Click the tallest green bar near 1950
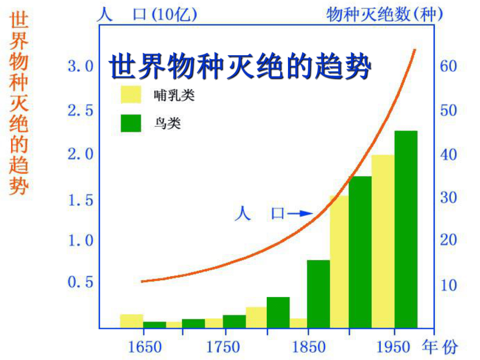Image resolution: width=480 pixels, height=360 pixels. pyautogui.click(x=406, y=229)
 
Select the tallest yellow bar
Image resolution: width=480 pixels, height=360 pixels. pyautogui.click(x=383, y=242)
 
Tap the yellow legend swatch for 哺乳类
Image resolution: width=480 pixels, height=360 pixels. pyautogui.click(x=131, y=94)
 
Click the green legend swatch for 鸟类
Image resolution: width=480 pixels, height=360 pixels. pyautogui.click(x=131, y=123)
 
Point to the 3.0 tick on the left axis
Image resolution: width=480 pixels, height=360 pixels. pyautogui.click(x=80, y=66)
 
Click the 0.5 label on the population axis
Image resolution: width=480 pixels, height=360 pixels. pyautogui.click(x=80, y=282)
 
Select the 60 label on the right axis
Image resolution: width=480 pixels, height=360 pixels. pyautogui.click(x=449, y=66)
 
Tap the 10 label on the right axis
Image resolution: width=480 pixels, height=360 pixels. pyautogui.click(x=449, y=285)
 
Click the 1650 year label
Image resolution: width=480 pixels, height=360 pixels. pyautogui.click(x=145, y=347)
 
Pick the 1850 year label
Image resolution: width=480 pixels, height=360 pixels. pyautogui.click(x=309, y=347)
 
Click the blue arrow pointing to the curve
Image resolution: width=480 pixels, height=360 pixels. pyautogui.click(x=300, y=213)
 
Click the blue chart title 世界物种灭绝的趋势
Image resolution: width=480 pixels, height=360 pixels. pyautogui.click(x=240, y=66)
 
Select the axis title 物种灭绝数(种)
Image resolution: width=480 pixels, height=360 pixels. pyautogui.click(x=385, y=15)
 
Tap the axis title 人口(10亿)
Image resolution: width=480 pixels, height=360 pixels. pyautogui.click(x=147, y=15)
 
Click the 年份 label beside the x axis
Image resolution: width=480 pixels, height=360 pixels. pyautogui.click(x=440, y=347)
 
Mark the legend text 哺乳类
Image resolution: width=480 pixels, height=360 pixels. pyautogui.click(x=174, y=95)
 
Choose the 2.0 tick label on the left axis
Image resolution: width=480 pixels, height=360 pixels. pyautogui.click(x=80, y=154)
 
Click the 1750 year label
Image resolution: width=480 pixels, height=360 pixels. pyautogui.click(x=223, y=347)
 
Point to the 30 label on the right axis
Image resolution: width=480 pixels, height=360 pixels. pyautogui.click(x=449, y=198)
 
